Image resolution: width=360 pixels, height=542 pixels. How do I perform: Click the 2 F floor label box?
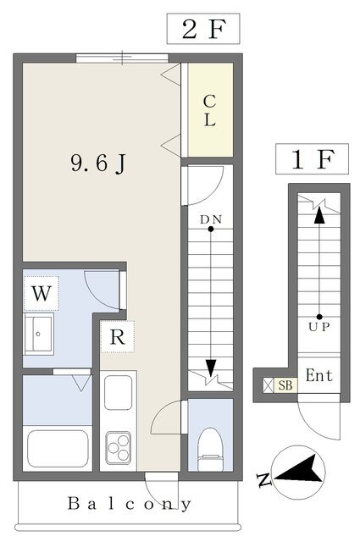(203, 29)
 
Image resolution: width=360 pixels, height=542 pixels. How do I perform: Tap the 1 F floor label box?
(312, 159)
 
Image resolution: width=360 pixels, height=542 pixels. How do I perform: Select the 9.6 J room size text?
(98, 163)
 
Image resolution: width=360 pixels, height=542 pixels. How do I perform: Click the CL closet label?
(209, 110)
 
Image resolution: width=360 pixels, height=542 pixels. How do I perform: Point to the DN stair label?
(211, 219)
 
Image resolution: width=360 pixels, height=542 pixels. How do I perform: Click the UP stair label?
(319, 327)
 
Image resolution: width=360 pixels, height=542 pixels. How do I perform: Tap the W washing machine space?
(42, 294)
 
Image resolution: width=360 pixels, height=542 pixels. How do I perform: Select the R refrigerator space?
(117, 337)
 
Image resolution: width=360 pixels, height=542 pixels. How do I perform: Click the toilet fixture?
(210, 450)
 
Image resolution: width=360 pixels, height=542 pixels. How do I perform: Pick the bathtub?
(58, 449)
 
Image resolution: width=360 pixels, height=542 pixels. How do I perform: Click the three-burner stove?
(119, 448)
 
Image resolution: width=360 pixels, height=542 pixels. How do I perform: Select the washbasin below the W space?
(38, 334)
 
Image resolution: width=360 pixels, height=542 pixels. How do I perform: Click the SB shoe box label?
(285, 385)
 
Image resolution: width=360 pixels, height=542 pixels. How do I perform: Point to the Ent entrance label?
(318, 376)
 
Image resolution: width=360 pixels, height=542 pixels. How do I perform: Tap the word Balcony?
(129, 504)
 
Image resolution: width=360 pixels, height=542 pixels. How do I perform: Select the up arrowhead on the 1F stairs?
(319, 215)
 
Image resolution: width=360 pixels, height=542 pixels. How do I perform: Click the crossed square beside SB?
(269, 385)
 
